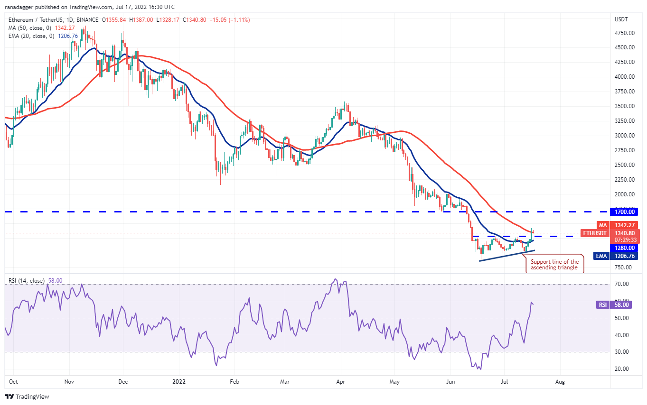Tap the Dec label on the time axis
(x=123, y=381)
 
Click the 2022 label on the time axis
(x=179, y=381)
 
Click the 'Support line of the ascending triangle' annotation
(x=554, y=265)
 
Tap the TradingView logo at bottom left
(x=27, y=396)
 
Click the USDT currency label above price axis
(x=621, y=19)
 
